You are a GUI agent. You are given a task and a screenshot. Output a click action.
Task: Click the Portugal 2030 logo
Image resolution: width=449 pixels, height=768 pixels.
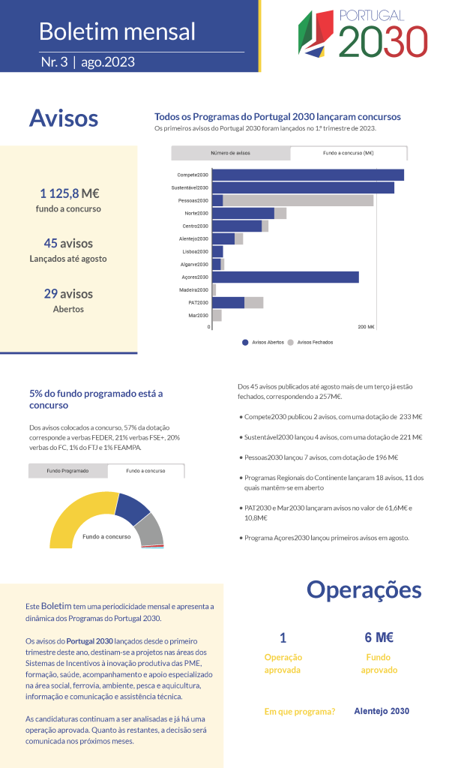click(363, 33)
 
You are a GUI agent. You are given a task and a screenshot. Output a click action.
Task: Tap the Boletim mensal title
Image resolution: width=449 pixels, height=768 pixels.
click(117, 31)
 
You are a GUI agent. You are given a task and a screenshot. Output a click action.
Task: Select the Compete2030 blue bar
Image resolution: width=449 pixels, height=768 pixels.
click(308, 175)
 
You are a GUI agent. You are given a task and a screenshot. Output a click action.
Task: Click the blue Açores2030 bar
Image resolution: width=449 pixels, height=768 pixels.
click(286, 277)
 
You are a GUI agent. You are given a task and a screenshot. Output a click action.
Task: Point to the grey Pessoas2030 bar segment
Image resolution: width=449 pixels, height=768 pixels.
click(298, 200)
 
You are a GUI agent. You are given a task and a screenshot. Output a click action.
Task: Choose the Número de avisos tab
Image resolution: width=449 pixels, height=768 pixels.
click(231, 153)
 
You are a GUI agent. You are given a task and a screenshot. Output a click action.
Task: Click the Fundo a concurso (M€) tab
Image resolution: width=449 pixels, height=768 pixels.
click(349, 153)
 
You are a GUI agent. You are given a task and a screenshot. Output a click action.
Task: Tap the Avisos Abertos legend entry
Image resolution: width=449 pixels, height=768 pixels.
click(263, 342)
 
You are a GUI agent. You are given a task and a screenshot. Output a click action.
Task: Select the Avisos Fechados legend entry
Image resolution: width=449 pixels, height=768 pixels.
click(310, 342)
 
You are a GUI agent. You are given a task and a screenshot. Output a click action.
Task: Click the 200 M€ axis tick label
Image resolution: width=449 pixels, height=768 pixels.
click(367, 327)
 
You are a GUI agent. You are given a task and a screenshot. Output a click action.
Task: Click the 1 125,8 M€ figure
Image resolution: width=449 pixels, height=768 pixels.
click(70, 193)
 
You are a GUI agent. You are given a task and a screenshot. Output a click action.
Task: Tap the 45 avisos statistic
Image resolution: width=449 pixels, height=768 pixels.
click(68, 244)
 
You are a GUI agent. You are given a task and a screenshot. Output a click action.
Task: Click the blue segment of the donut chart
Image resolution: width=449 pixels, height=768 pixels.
click(133, 508)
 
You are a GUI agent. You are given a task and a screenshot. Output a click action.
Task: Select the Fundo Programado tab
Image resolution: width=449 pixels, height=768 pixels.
click(68, 471)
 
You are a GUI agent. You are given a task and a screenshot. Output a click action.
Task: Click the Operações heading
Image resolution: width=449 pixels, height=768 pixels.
click(364, 590)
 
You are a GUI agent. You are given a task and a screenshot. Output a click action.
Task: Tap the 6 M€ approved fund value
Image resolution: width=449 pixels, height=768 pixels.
click(379, 637)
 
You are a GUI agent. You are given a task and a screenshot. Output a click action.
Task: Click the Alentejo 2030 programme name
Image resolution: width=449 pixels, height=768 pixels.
click(382, 711)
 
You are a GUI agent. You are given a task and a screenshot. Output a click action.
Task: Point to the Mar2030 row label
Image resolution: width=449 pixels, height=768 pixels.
click(199, 316)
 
